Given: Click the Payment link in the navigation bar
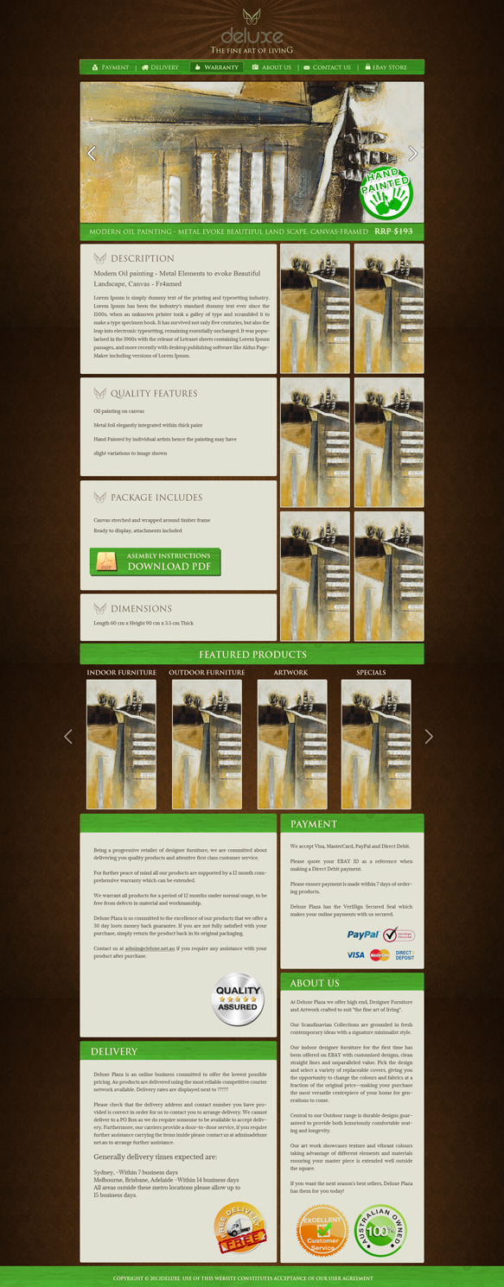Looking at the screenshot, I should (x=111, y=67).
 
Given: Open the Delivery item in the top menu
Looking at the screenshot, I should (x=161, y=67).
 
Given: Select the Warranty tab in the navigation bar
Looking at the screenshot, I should (x=217, y=67).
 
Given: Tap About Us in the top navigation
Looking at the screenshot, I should (x=271, y=67).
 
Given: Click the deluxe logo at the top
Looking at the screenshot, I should (x=252, y=32).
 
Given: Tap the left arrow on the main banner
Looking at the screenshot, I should (x=92, y=154).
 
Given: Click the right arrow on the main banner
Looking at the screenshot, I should (x=412, y=154).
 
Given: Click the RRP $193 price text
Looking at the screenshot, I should (x=393, y=231).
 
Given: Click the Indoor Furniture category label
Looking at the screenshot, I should (x=122, y=672).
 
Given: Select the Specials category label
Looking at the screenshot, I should (x=371, y=672).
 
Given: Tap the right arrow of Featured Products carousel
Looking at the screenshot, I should (x=428, y=736).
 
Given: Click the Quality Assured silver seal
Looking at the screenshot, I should (x=238, y=999).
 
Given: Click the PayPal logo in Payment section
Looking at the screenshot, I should (x=363, y=935).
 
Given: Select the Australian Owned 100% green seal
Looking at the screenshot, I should (x=379, y=1230).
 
